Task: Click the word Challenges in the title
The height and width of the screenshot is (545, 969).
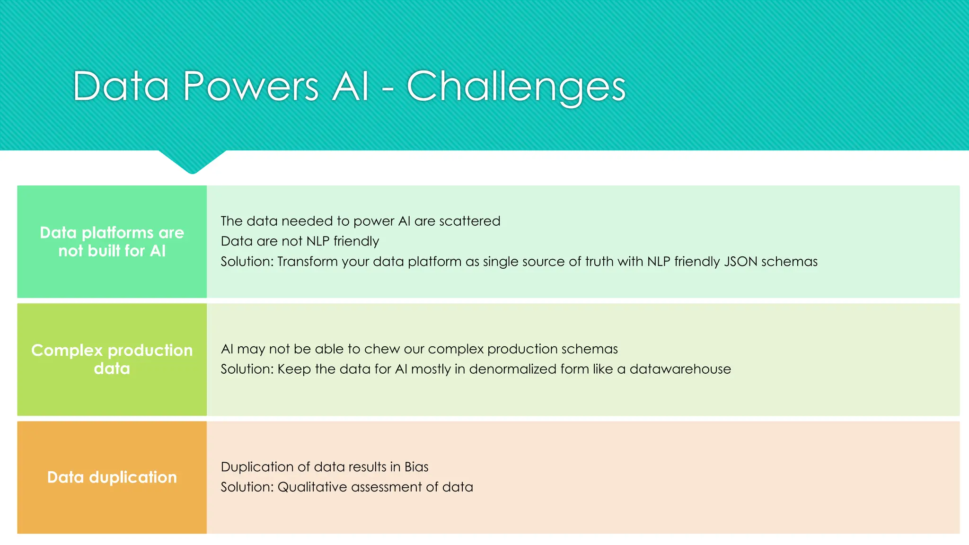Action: (x=516, y=87)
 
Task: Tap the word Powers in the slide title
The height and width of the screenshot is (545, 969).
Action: (x=251, y=87)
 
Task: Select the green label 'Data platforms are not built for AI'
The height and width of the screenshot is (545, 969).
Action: (x=112, y=242)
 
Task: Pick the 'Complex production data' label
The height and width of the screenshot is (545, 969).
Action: (x=112, y=360)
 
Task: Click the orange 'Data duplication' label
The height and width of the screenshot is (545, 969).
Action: (x=112, y=477)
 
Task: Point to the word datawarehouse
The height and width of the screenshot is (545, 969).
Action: (x=680, y=369)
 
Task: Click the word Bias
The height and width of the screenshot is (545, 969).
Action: (x=416, y=467)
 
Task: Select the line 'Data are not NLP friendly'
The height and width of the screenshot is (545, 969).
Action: (x=300, y=241)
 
